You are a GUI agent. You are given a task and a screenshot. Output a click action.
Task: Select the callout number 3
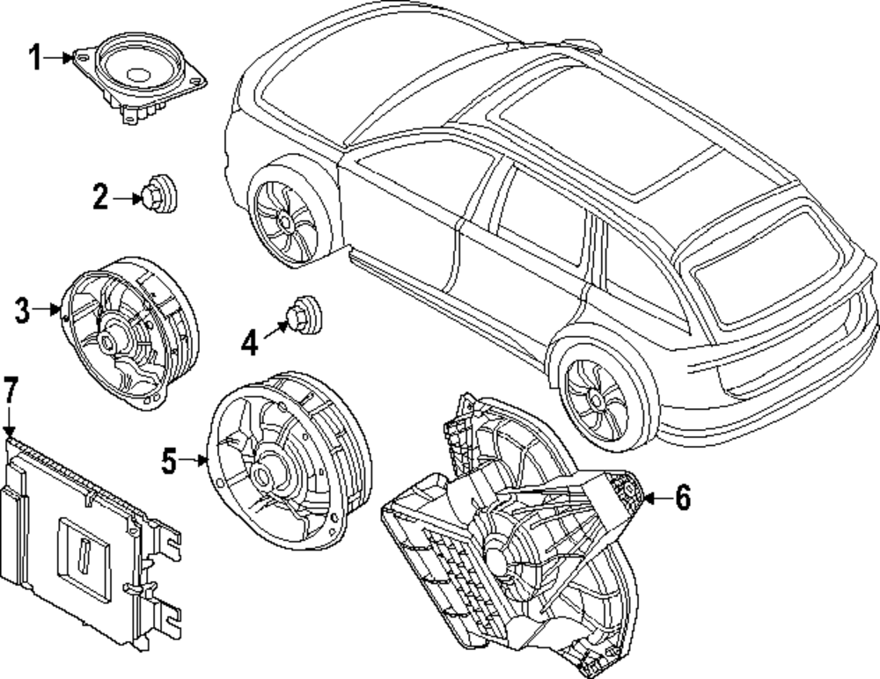23,310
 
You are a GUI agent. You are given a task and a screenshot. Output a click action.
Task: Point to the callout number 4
250,343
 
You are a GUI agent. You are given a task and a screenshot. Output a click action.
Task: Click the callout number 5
170,458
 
